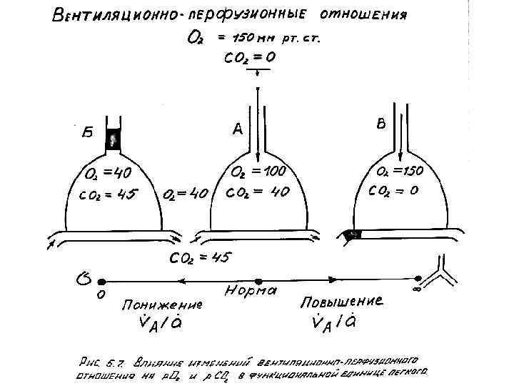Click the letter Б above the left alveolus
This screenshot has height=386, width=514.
pyautogui.click(x=86, y=132)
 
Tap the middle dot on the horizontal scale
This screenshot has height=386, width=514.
pyautogui.click(x=258, y=281)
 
